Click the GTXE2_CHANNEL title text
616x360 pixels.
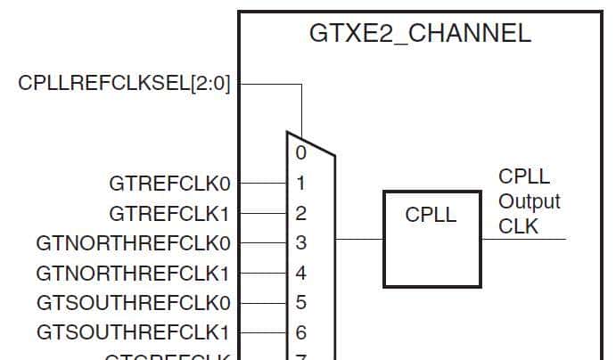[420, 34]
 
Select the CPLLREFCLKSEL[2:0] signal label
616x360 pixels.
[124, 84]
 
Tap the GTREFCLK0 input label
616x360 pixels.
[169, 184]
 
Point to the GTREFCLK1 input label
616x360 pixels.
[169, 214]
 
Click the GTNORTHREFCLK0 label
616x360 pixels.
[134, 242]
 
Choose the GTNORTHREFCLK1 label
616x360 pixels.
[134, 273]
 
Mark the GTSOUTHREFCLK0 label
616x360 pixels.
[134, 302]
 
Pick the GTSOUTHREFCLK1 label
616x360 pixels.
[134, 332]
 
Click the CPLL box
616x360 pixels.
[431, 238]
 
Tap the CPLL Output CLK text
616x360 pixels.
[529, 201]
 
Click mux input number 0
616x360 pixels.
[301, 153]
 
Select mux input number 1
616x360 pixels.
[301, 184]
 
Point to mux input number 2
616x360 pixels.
[301, 214]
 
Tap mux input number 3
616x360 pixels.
[301, 242]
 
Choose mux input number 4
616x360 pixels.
[301, 273]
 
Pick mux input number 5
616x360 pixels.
[301, 302]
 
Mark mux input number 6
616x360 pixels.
[301, 332]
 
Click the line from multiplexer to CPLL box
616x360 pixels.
[359, 239]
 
